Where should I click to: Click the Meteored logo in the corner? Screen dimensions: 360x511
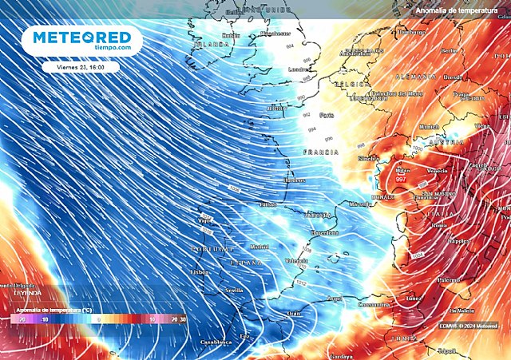pyautogui.click(x=82, y=40)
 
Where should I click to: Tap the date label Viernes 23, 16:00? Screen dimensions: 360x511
pyautogui.click(x=82, y=67)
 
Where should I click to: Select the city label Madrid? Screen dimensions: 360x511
pyautogui.click(x=259, y=247)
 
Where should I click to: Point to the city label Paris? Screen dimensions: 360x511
pyautogui.click(x=327, y=115)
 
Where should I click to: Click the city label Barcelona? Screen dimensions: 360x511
pyautogui.click(x=324, y=233)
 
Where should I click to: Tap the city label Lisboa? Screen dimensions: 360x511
pyautogui.click(x=200, y=272)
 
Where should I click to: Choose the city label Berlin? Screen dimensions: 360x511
pyautogui.click(x=448, y=50)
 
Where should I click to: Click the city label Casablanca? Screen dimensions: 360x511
pyautogui.click(x=216, y=341)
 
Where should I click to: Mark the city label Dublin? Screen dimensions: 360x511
pyautogui.click(x=231, y=35)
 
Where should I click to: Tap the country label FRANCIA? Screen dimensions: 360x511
pyautogui.click(x=315, y=151)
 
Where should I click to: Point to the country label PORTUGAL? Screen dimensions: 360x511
pyautogui.click(x=210, y=250)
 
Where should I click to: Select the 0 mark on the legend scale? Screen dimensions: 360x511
pyautogui.click(x=98, y=318)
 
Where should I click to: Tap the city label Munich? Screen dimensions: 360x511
pyautogui.click(x=429, y=126)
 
